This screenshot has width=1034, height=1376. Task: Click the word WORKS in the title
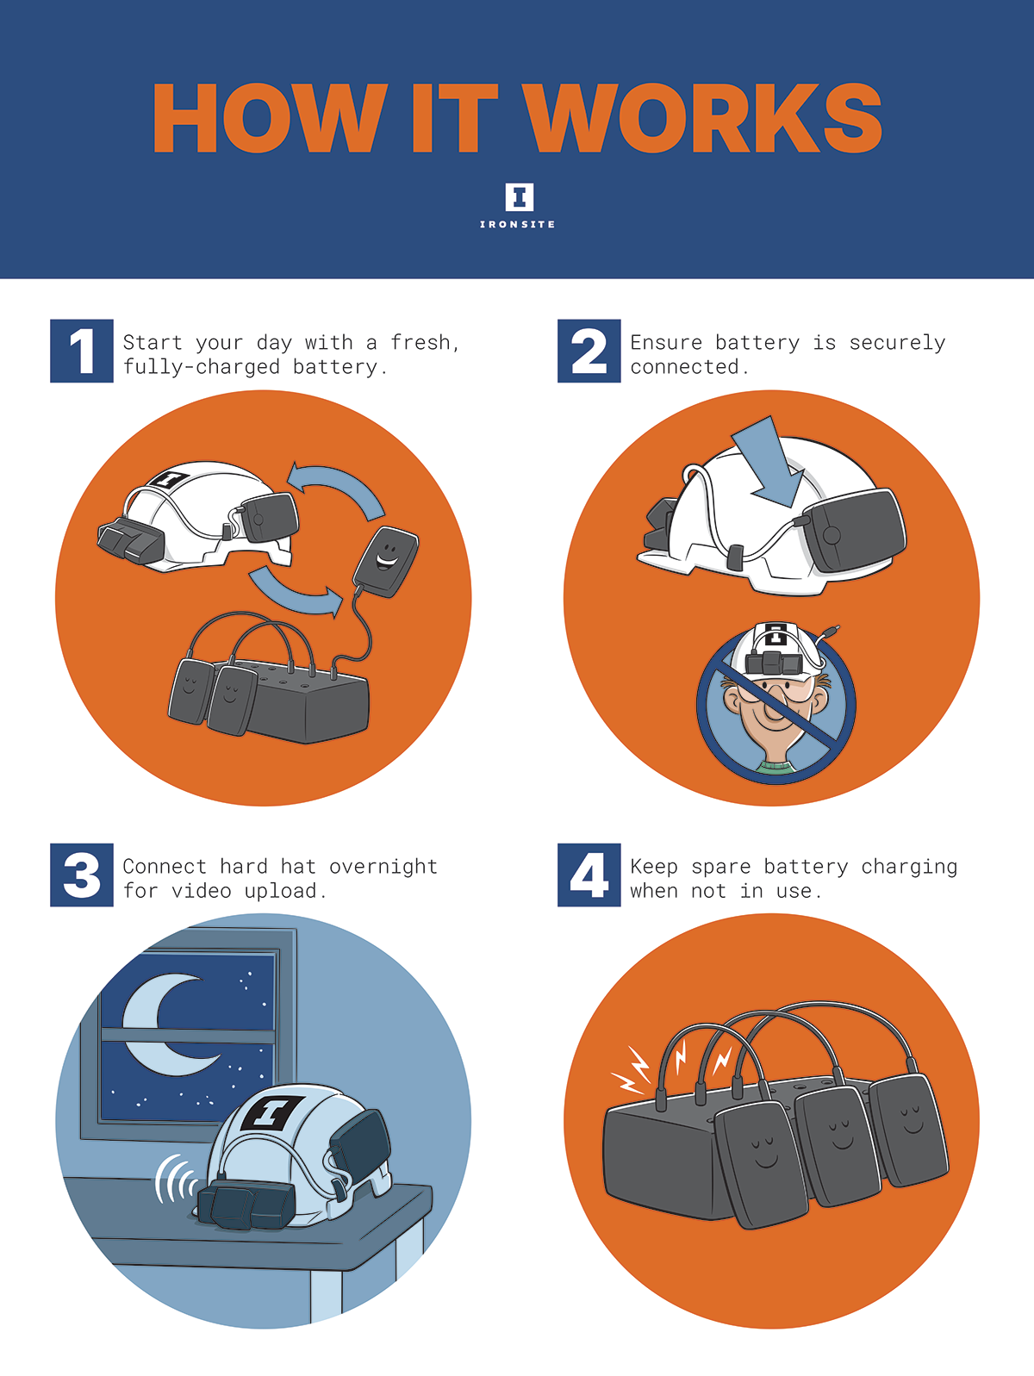coord(702,118)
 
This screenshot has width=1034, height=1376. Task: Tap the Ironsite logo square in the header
coord(519,196)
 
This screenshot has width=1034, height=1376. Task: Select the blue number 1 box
coord(82,351)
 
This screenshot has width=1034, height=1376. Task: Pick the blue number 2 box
coord(589,351)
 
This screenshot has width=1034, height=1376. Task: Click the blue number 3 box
coord(82,875)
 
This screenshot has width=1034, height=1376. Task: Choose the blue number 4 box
coord(589,875)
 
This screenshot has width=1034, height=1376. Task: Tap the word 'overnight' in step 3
coord(383,866)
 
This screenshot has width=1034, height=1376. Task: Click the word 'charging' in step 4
coord(909,866)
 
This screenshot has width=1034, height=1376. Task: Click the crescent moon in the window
coord(165,1024)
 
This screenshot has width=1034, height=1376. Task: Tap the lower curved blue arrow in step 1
coord(295,592)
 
